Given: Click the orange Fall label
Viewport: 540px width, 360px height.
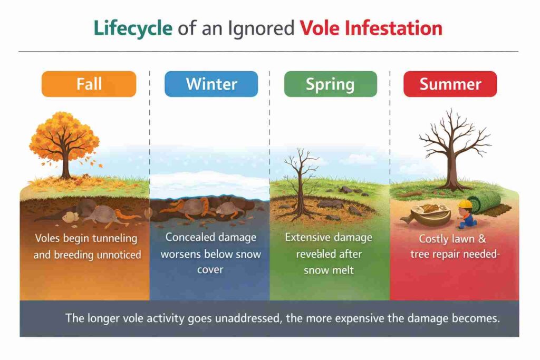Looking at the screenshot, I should [x=89, y=84].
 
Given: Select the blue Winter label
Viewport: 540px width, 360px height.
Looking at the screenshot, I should [x=211, y=84].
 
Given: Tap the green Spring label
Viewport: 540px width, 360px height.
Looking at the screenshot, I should [x=330, y=84].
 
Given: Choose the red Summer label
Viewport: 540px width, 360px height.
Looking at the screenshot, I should [x=450, y=84].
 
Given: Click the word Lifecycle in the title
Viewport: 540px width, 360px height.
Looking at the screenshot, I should [x=132, y=28].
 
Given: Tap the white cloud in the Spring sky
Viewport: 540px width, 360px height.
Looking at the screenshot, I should [x=359, y=158].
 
